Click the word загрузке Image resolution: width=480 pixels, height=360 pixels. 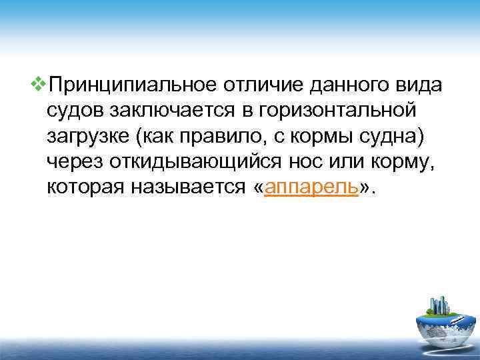(89, 137)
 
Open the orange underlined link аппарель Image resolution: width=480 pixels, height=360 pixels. (312, 188)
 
